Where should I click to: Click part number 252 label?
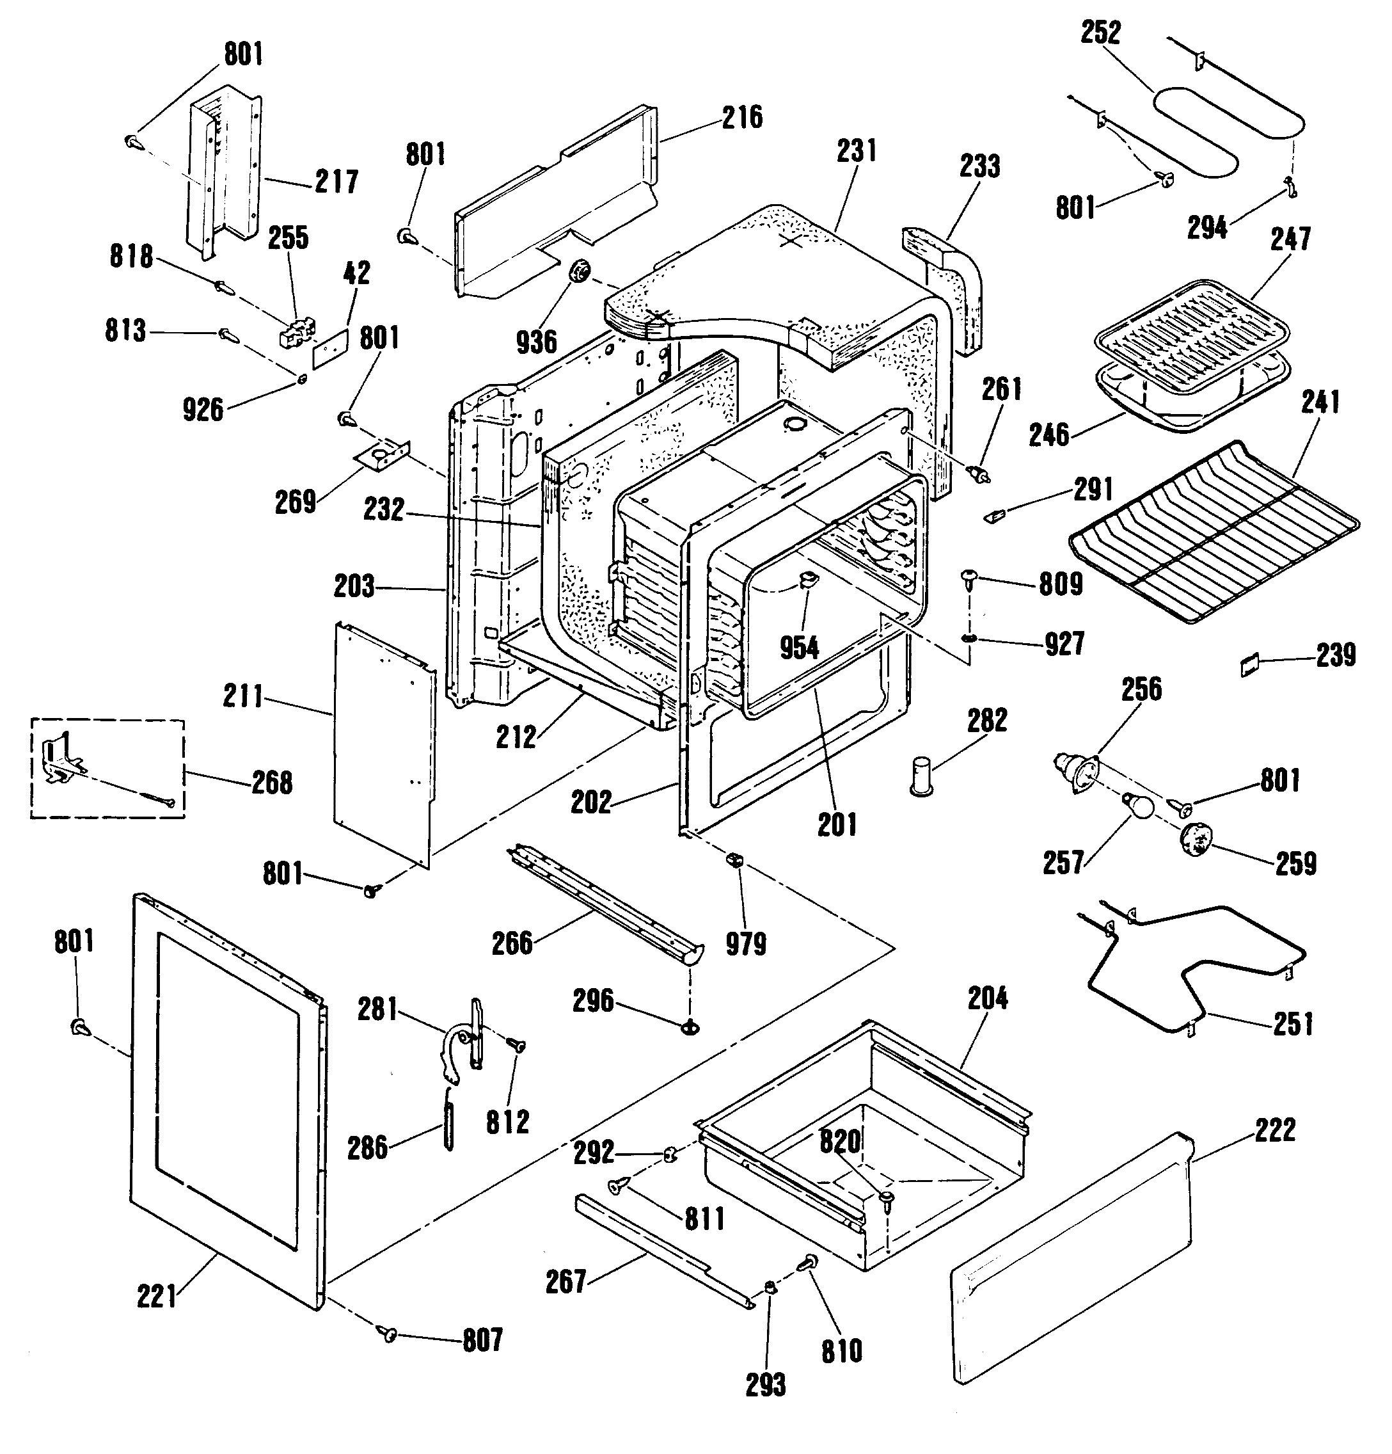click(x=1100, y=33)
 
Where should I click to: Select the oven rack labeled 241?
click(x=1215, y=531)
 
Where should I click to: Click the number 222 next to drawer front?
click(x=1276, y=1130)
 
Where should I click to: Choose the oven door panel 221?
click(x=227, y=1101)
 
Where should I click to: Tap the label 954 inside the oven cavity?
click(x=799, y=648)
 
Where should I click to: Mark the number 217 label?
click(x=336, y=182)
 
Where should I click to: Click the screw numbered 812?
click(x=516, y=1044)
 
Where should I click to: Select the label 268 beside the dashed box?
click(x=271, y=783)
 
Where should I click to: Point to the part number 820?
click(x=839, y=1142)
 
